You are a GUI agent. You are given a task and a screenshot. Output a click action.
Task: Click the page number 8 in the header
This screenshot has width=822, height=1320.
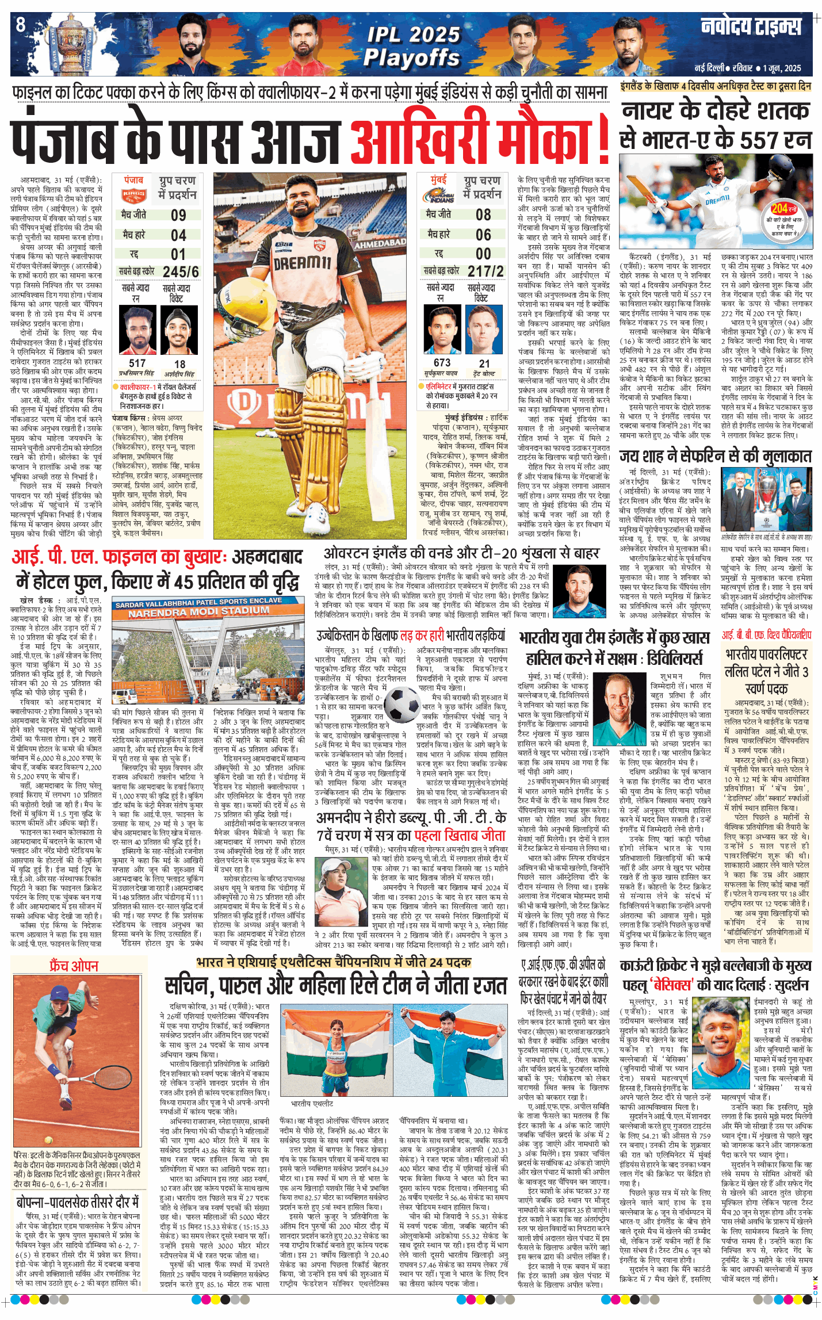pos(21,25)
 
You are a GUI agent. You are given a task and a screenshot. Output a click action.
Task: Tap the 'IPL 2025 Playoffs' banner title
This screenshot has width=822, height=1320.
pos(412,46)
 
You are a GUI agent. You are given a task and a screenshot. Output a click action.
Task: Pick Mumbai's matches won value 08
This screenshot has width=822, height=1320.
pos(483,215)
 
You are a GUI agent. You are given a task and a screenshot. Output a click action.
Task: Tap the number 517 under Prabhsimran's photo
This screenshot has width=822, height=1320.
pos(137,363)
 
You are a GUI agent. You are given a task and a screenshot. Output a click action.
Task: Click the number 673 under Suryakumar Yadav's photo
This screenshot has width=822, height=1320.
pos(442,362)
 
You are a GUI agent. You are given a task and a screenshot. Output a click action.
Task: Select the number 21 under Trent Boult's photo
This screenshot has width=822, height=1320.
pos(484,364)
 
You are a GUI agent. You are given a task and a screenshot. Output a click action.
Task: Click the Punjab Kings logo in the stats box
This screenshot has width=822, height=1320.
pos(134,196)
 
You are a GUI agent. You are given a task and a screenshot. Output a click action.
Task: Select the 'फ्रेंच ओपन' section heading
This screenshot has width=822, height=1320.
pos(74,966)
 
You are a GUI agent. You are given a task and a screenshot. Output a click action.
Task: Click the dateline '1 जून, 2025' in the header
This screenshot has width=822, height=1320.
pos(782,68)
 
